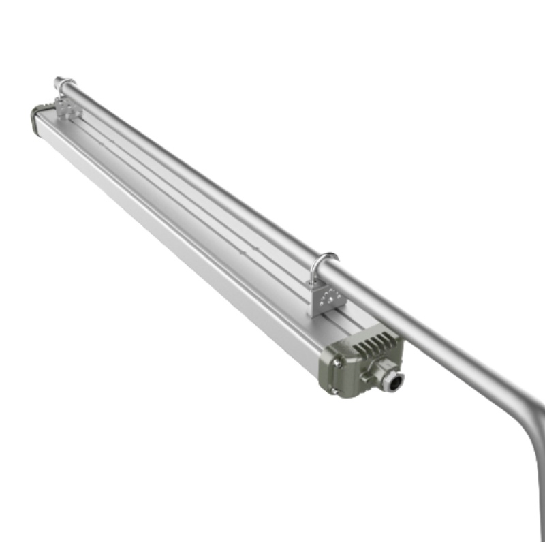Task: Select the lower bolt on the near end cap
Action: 334,390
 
